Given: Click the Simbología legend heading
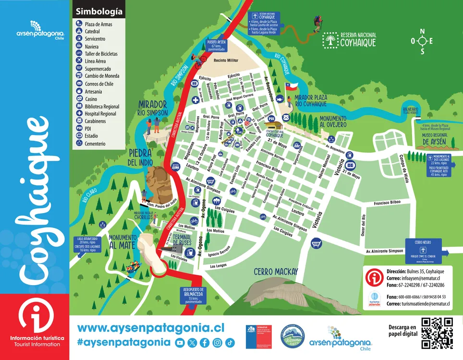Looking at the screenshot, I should pos(99,11).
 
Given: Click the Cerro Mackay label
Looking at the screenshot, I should pos(276,272).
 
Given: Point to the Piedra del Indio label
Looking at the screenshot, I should pos(140,157).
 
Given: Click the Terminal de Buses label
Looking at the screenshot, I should pos(182,240).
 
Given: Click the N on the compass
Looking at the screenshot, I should pos(423,32).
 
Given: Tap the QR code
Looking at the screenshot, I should pos(437,333).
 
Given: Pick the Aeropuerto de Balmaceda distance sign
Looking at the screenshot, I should pos(194,295).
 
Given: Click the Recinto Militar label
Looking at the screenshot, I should pos(226,61).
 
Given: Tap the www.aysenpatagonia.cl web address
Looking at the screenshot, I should pos(151,327).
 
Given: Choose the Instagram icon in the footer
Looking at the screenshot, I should pos(217,342).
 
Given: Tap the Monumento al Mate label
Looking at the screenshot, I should pos(122,241).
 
